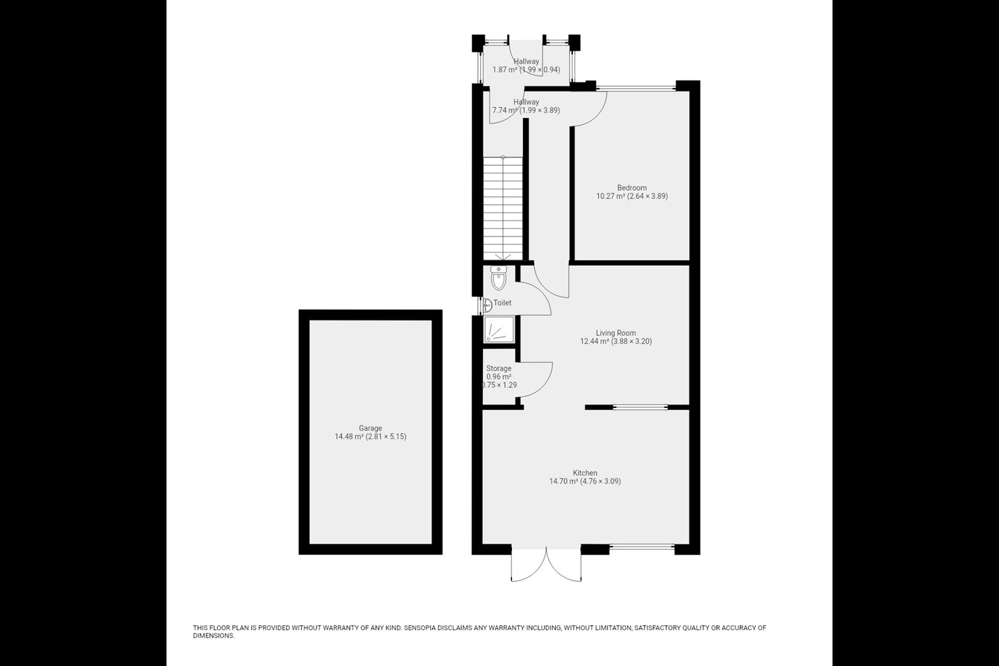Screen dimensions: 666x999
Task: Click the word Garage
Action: click(370, 428)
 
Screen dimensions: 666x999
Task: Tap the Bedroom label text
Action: click(631, 188)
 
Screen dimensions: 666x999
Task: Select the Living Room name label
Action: click(615, 333)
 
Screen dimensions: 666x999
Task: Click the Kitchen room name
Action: click(585, 473)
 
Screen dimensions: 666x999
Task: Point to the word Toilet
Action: click(502, 303)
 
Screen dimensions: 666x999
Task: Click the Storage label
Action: click(498, 368)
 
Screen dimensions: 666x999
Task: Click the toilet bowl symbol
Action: click(498, 279)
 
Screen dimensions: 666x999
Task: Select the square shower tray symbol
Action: click(499, 330)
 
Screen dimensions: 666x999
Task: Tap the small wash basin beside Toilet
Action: click(487, 304)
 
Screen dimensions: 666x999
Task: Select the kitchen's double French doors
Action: click(546, 563)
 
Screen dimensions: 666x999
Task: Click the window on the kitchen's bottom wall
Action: click(642, 549)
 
